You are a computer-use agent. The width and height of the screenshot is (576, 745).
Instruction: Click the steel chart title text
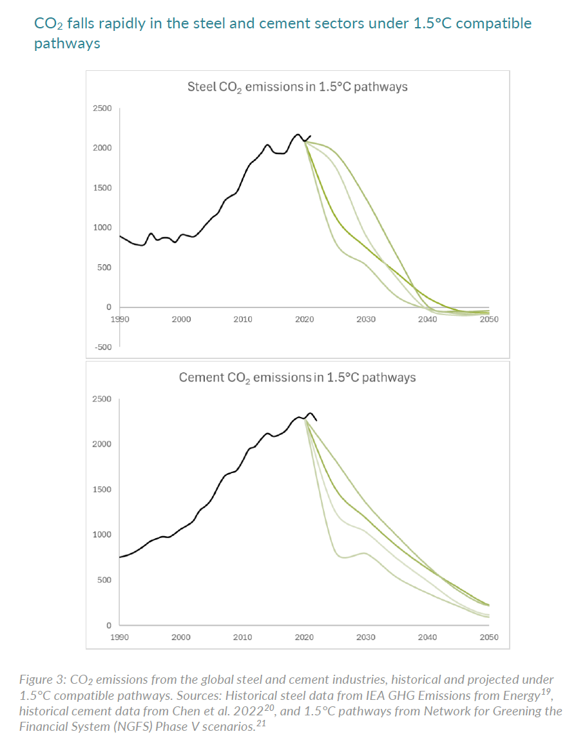(297, 86)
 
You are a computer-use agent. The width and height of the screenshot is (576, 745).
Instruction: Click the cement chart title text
(297, 377)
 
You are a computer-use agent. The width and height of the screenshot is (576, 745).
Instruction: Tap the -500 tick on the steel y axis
(103, 347)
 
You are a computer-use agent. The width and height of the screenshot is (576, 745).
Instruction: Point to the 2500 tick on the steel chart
(103, 109)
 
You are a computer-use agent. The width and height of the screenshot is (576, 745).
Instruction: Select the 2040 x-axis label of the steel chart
(427, 319)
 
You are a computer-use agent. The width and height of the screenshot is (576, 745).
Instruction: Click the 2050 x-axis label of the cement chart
(489, 637)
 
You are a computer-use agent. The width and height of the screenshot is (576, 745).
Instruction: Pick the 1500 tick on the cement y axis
(103, 490)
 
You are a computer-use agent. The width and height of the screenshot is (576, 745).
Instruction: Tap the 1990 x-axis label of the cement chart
(119, 637)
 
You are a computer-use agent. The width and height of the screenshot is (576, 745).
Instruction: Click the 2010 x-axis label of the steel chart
(242, 319)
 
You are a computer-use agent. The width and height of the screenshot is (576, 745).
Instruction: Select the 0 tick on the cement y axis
(108, 625)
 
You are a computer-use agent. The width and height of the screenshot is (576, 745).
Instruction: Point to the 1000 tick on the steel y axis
(103, 227)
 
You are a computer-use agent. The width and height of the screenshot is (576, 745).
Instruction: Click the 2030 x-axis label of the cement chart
(365, 637)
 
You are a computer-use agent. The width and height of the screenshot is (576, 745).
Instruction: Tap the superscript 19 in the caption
(546, 692)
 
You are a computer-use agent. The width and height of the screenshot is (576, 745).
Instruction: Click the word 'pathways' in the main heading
(67, 44)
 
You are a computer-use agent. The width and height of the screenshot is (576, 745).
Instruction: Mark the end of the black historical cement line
(316, 420)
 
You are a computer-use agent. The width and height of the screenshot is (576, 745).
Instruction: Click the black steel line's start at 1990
(120, 237)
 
